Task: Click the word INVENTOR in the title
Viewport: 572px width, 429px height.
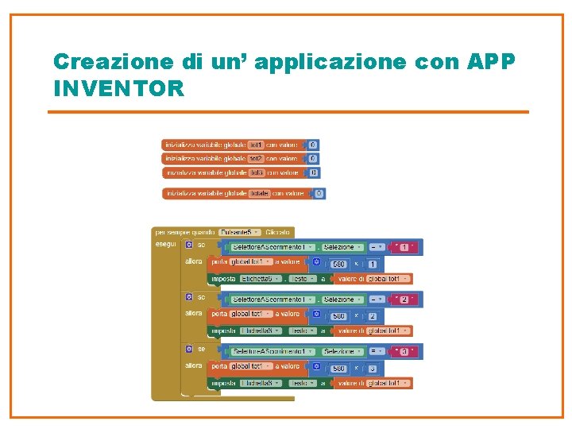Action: (118, 87)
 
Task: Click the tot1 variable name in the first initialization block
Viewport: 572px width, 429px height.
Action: (256, 145)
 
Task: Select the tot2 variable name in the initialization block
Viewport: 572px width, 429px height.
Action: (256, 159)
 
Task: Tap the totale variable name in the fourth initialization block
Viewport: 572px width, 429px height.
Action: (259, 193)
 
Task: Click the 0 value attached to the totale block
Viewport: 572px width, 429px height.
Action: (319, 193)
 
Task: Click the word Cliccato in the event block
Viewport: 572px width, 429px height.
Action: (278, 232)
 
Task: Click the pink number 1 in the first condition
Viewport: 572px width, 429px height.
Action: (405, 247)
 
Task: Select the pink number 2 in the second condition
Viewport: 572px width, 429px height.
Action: (405, 300)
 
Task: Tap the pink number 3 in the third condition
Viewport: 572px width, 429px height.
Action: (405, 351)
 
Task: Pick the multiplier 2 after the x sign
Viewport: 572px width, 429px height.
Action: (373, 315)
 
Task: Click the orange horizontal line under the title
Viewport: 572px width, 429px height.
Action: (288, 112)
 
